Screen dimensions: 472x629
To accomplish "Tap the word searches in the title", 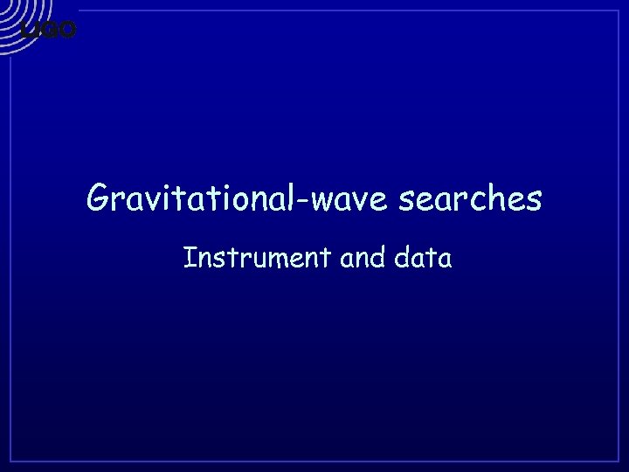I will (x=470, y=199).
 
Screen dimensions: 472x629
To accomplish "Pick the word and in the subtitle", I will (x=345, y=258).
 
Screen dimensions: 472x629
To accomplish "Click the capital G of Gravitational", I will (x=97, y=199).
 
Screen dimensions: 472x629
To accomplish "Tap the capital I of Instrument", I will (x=189, y=258).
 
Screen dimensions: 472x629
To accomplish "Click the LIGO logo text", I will (x=49, y=31).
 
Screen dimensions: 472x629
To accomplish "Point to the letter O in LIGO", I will (x=68, y=31).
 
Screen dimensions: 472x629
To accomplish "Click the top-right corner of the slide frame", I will (x=619, y=10).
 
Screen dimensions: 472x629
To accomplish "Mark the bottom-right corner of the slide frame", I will (x=619, y=462).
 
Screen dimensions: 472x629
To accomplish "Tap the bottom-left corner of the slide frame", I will (x=10, y=462).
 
